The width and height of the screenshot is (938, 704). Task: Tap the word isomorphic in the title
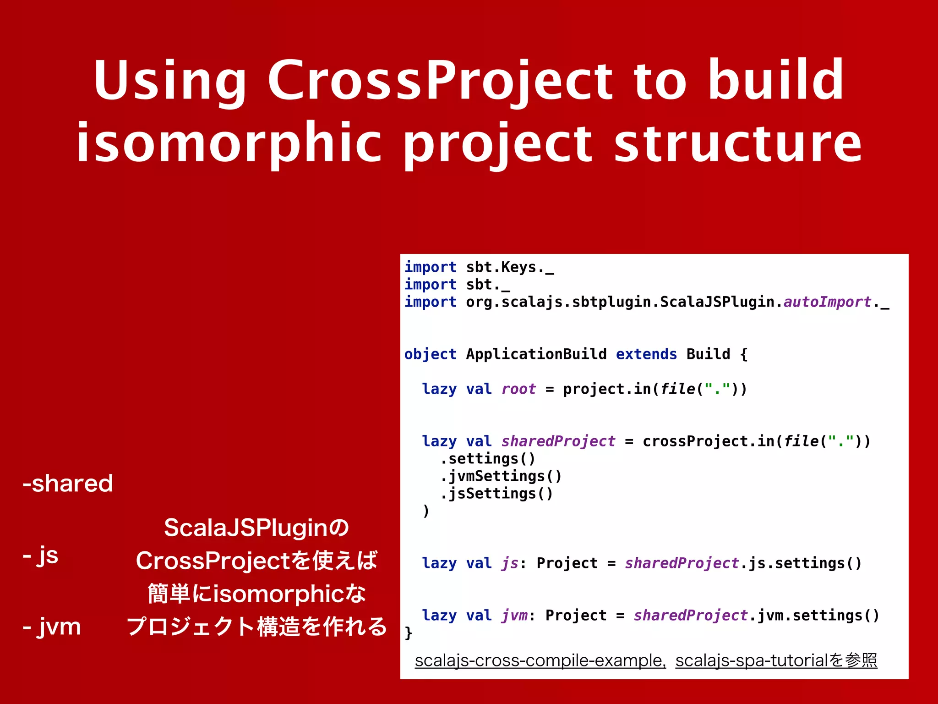click(x=229, y=143)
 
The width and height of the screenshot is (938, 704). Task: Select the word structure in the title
click(x=738, y=143)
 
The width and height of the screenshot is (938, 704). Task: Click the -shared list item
click(x=68, y=483)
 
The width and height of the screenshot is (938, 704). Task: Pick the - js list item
click(x=41, y=555)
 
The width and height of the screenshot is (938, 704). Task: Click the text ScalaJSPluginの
click(x=256, y=528)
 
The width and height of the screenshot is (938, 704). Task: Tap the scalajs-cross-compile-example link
click(x=540, y=660)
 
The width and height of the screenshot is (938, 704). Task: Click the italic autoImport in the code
click(x=827, y=302)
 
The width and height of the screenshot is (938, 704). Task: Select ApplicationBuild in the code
click(x=536, y=354)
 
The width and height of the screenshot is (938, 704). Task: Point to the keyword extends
click(x=646, y=354)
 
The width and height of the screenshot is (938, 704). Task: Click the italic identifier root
click(x=518, y=389)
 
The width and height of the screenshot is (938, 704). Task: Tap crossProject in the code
click(x=695, y=441)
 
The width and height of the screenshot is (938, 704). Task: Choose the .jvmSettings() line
click(x=501, y=476)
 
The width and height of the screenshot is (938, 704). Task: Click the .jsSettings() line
click(x=496, y=494)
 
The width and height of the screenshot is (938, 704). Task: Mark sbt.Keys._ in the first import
click(x=510, y=267)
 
